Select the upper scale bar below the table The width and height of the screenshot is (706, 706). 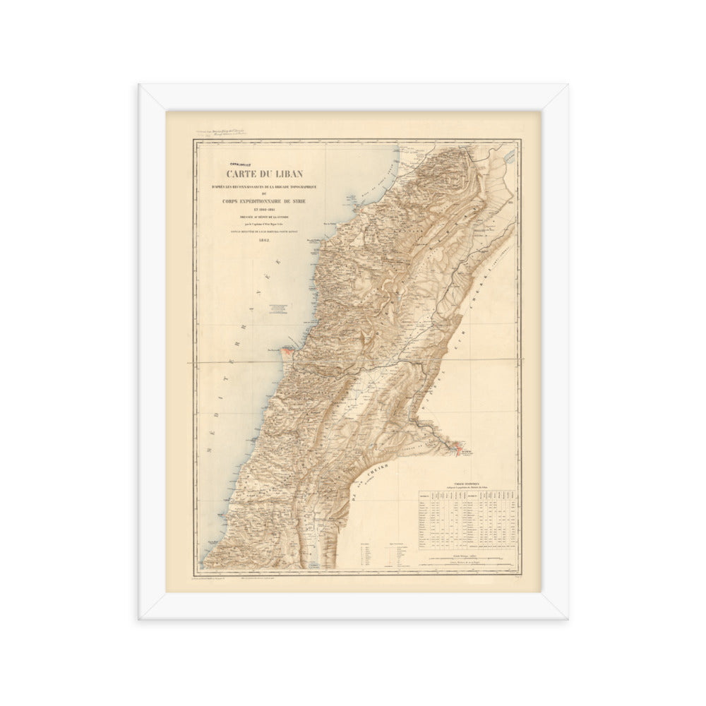(x=465, y=558)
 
